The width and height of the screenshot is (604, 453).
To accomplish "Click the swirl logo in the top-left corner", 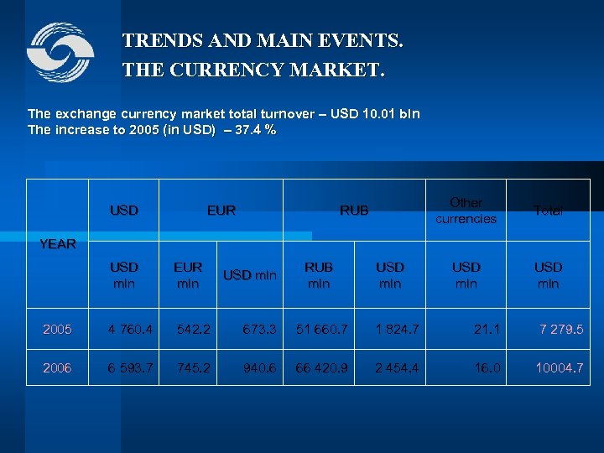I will [x=60, y=53].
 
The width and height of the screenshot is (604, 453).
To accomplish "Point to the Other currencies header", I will [x=466, y=211].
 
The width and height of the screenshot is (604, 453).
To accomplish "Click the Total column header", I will [x=548, y=211].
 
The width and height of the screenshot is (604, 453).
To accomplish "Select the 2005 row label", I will [x=58, y=330].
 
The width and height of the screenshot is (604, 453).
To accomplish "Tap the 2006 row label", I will [x=58, y=367].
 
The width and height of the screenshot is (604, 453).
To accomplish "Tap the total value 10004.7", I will [x=560, y=367].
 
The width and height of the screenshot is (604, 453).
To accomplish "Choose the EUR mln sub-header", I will [x=188, y=275].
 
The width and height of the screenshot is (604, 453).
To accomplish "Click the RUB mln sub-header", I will [x=318, y=275].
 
